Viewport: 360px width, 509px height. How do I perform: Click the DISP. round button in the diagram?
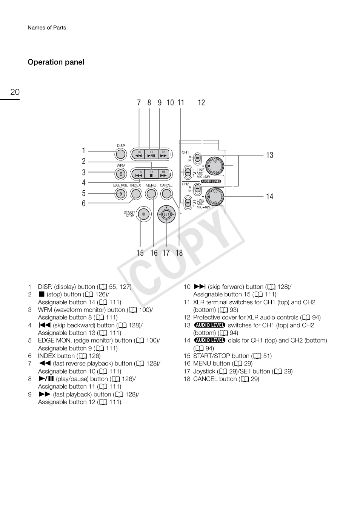120,154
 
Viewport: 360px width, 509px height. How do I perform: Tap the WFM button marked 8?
120,174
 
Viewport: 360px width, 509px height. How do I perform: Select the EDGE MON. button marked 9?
120,194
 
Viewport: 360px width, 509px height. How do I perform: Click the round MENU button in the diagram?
151,194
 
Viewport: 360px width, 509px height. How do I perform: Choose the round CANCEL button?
166,194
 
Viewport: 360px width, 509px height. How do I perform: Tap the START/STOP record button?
143,214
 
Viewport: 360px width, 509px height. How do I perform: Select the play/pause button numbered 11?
151,154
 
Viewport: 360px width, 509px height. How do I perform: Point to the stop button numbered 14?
151,174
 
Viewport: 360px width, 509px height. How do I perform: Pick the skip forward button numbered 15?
163,174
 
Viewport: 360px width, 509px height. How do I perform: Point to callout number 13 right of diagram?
269,155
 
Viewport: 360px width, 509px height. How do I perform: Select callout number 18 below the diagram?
179,253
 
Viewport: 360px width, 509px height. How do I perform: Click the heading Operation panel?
56,62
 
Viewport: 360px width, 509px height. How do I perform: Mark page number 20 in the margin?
15,92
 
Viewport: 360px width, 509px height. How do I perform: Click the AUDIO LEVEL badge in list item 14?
210,340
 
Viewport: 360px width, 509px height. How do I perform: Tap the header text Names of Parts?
47,28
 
